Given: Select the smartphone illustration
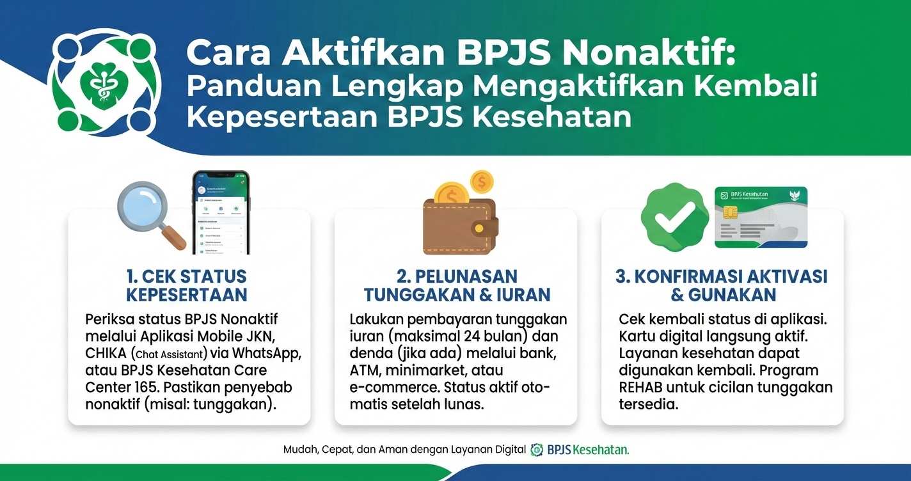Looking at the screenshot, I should click(x=221, y=212).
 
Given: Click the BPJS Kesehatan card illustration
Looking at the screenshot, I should click(x=761, y=217).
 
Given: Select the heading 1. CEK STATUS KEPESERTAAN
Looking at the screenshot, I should click(x=186, y=285).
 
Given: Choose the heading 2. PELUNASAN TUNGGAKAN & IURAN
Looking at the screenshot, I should click(x=457, y=285).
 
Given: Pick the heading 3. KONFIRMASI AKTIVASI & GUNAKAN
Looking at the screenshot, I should click(x=722, y=285).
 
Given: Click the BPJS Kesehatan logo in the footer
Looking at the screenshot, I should click(x=580, y=450).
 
